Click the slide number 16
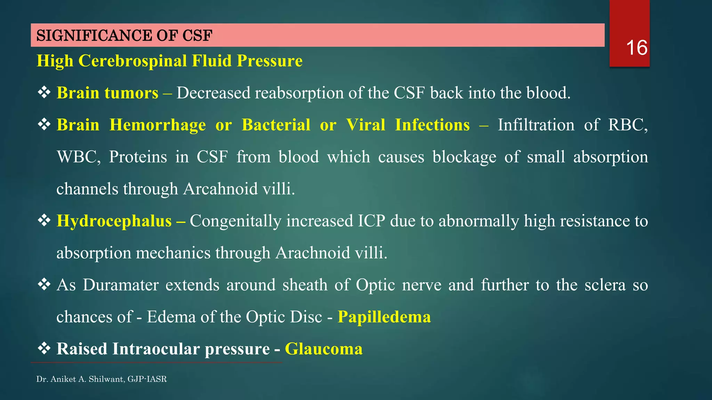click(x=636, y=48)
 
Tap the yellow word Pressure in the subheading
click(x=269, y=61)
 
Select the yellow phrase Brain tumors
click(x=107, y=93)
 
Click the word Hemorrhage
click(x=157, y=125)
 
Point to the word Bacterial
click(x=276, y=125)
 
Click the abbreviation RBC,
click(x=628, y=125)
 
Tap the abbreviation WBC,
click(x=79, y=157)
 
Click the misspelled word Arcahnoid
click(x=220, y=189)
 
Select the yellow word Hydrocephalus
click(x=114, y=221)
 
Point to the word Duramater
click(x=121, y=285)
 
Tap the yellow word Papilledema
click(x=384, y=317)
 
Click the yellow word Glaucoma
click(x=324, y=349)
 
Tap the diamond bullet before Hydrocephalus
click(x=44, y=220)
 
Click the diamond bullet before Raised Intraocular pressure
click(x=44, y=348)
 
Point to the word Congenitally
click(x=235, y=221)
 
